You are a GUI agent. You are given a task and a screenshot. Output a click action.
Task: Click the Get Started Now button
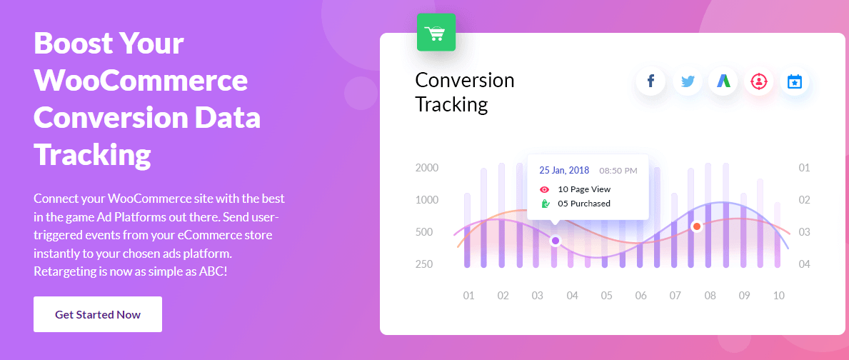coord(97,314)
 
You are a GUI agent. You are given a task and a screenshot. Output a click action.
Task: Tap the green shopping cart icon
coord(436,32)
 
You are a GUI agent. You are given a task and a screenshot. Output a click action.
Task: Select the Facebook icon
coord(650,81)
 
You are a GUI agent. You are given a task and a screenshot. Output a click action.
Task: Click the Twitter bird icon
coord(688,81)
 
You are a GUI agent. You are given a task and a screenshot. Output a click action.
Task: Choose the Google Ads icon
coord(723,81)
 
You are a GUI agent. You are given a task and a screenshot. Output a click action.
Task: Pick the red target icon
coord(759,81)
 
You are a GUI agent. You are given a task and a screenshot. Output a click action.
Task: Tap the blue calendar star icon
coord(794,81)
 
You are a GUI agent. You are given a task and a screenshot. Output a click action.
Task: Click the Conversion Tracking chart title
coord(465,91)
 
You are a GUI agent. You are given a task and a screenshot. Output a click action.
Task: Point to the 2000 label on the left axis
coord(427,168)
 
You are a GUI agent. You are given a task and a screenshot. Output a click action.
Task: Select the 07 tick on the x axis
coord(675,296)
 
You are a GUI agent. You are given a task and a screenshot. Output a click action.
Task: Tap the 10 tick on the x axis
coord(778,296)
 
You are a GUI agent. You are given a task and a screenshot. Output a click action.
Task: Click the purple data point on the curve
coord(555,241)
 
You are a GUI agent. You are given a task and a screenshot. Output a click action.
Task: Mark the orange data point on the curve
coord(697,226)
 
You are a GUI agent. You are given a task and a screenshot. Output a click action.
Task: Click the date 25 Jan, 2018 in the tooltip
coord(564,170)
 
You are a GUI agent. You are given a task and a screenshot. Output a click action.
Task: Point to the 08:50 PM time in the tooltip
coord(618,171)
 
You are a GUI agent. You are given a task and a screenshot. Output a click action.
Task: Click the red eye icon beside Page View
coord(545,189)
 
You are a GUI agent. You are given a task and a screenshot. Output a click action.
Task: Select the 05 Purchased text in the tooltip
coord(584,204)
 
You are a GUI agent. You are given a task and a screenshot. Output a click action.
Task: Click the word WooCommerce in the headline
coord(141,81)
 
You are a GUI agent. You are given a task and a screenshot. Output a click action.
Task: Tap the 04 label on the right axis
coord(805,264)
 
